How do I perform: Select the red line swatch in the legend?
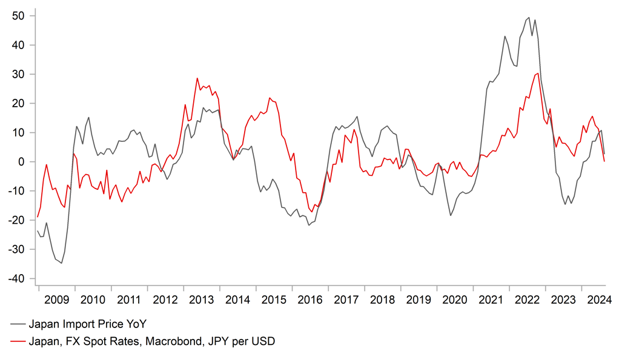click(x=18, y=341)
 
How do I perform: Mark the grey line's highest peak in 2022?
click(x=529, y=18)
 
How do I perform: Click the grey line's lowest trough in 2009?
click(x=62, y=263)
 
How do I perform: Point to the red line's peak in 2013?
click(x=197, y=78)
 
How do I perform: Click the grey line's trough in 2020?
click(x=451, y=215)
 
